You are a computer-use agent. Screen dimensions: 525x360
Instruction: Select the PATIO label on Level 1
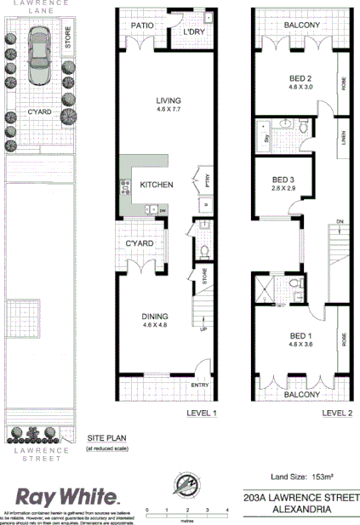(142, 26)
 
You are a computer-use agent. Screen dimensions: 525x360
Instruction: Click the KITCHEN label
(157, 185)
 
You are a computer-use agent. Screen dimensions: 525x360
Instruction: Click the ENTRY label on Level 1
(201, 385)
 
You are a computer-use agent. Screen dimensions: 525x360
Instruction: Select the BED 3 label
(283, 180)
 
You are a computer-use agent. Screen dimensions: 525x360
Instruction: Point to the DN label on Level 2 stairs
(339, 222)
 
